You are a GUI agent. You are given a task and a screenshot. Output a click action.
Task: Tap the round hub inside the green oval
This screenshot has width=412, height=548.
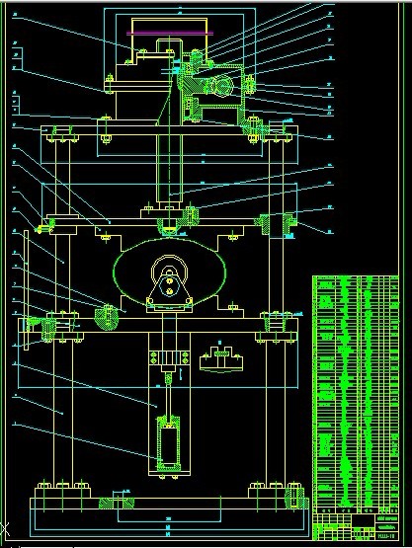pos(170,269)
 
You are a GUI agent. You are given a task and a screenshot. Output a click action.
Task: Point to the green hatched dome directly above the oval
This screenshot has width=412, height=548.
pos(170,230)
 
